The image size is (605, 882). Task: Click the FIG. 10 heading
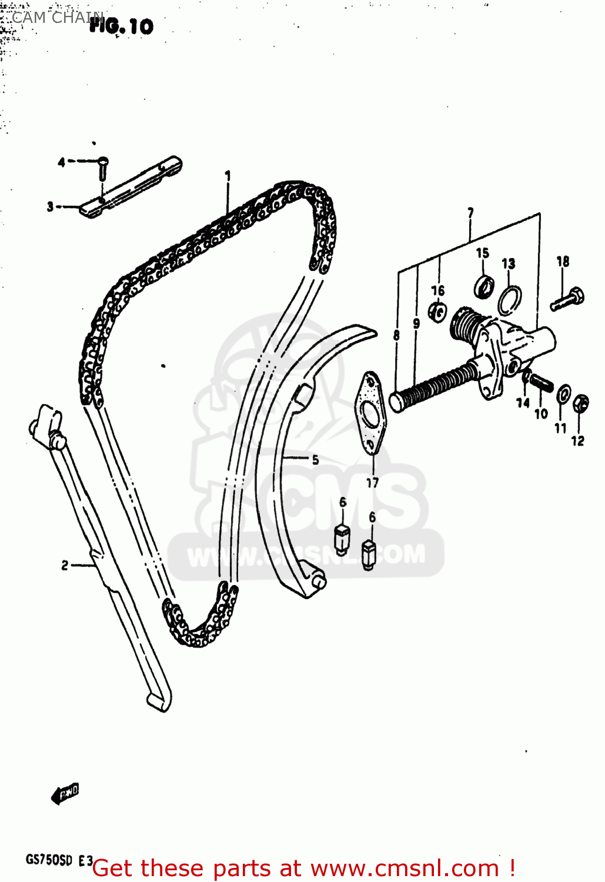(x=121, y=26)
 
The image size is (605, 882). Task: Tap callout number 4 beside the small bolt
(x=61, y=162)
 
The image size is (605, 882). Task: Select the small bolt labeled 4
(x=102, y=166)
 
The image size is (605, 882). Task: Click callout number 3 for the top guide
(x=51, y=206)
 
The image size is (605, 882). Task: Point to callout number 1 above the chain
(x=228, y=175)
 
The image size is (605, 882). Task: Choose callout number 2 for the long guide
(x=65, y=565)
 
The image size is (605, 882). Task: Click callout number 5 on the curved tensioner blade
(x=315, y=459)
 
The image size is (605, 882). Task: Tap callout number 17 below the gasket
(x=372, y=483)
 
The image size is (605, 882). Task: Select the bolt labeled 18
(x=567, y=299)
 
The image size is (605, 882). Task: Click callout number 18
(x=563, y=261)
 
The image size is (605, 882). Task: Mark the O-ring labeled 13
(x=509, y=300)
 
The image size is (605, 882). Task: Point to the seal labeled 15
(x=484, y=286)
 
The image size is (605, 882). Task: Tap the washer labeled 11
(x=563, y=395)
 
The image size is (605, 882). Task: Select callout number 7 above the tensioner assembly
(x=470, y=213)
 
